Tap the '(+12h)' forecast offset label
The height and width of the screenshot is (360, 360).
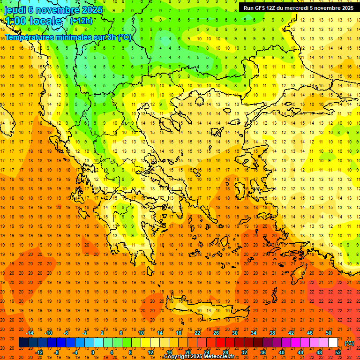click(81, 21)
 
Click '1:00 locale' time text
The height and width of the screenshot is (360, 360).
click(33, 21)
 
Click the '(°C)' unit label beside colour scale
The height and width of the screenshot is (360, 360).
click(349, 343)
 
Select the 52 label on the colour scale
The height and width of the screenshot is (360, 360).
click(338, 352)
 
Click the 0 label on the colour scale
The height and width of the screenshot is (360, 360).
click(92, 352)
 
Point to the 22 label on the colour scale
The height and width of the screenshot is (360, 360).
click(197, 333)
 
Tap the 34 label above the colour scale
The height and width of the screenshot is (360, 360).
click(254, 333)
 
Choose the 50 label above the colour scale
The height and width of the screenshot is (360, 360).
click(329, 333)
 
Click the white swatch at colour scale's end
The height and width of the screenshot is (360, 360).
click(333, 343)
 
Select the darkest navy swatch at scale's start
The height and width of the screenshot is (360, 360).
click(23, 343)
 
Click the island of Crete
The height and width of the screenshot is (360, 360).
click(202, 311)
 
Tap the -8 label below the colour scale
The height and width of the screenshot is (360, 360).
click(57, 352)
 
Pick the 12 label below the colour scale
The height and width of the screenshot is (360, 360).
click(150, 352)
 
